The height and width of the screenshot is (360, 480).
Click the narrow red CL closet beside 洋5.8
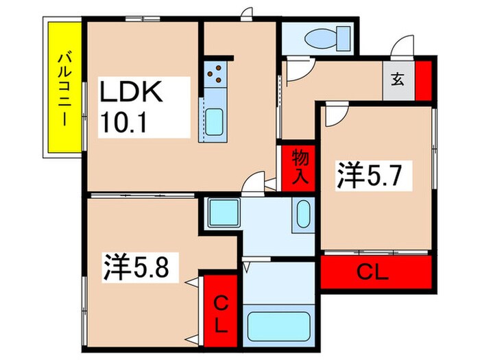click(220, 312)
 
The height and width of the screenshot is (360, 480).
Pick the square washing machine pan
click(222, 213)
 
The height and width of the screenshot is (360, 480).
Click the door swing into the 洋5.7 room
click(335, 115)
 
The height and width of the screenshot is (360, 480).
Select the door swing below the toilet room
click(296, 71)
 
